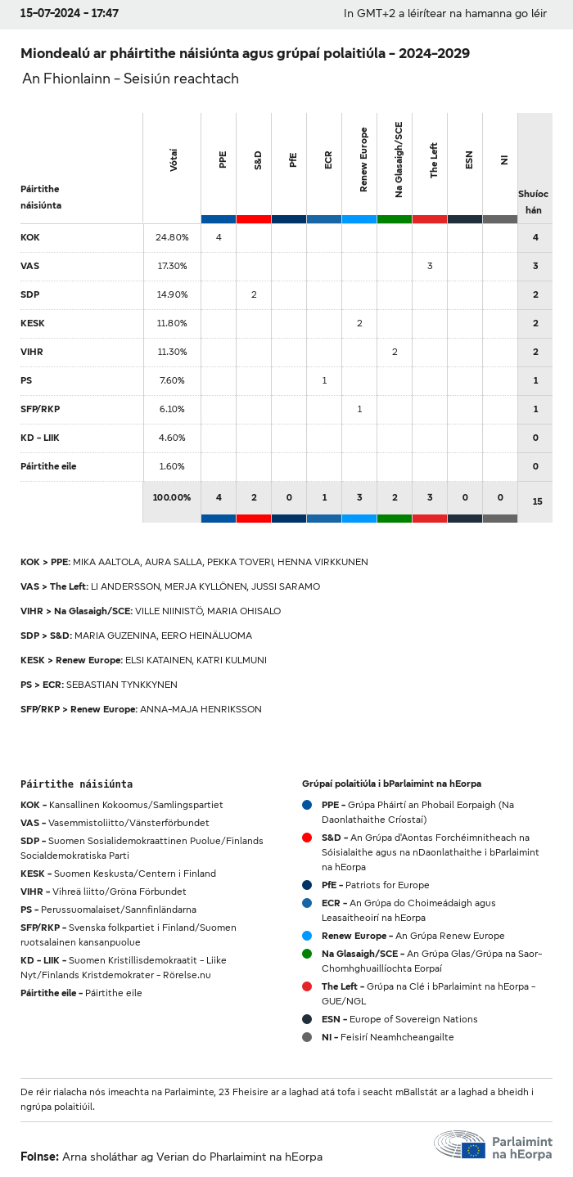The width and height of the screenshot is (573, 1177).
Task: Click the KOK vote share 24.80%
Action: (172, 237)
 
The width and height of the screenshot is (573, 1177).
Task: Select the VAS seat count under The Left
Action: (430, 266)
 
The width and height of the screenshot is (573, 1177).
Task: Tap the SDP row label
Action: (30, 294)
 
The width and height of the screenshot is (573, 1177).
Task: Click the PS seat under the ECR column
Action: (324, 380)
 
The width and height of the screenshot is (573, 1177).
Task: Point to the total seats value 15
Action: (537, 501)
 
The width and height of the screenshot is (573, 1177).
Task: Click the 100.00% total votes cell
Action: (172, 497)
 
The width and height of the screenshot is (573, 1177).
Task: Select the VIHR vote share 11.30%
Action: (172, 352)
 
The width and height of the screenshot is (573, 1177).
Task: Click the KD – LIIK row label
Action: (40, 438)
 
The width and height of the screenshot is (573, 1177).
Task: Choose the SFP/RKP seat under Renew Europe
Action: (359, 409)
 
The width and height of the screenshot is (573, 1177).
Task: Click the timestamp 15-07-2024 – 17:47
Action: (70, 14)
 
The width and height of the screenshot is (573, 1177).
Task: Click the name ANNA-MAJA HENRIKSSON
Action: (201, 709)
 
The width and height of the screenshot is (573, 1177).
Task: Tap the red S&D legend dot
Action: (307, 838)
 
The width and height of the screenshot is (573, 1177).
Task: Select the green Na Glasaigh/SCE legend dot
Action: (307, 954)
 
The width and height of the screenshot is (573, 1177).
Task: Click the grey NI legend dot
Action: (307, 1037)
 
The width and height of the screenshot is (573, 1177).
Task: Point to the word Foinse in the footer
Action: (38, 1157)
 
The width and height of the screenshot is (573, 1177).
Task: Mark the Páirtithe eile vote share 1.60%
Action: (172, 466)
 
